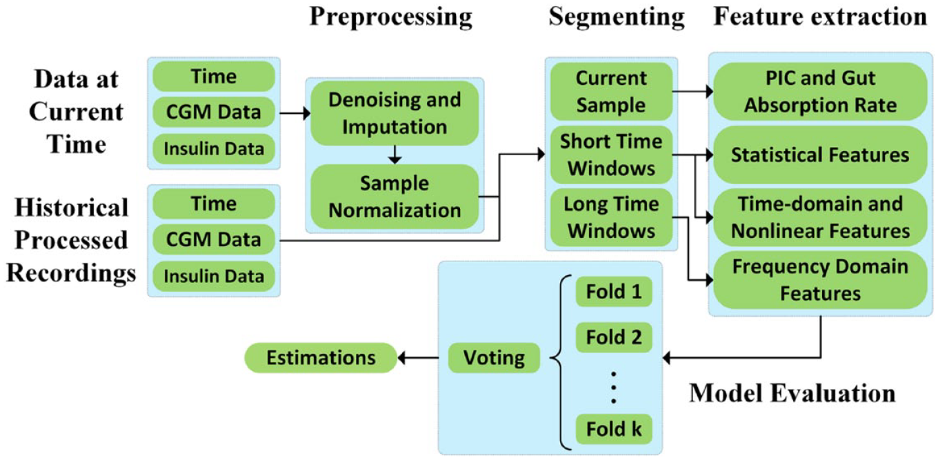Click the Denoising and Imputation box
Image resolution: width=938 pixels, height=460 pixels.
[x=395, y=113]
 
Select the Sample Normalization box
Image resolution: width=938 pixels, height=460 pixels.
[x=395, y=197]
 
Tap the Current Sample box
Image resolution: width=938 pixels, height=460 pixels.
[x=611, y=91]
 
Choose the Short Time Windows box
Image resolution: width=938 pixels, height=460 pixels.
[x=611, y=154]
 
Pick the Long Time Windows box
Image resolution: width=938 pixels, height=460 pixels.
[x=611, y=217]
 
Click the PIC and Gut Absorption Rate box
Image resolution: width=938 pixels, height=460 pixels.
[x=820, y=91]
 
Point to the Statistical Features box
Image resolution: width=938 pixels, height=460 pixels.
[x=820, y=154]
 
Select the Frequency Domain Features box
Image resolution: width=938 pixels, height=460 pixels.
[x=820, y=279]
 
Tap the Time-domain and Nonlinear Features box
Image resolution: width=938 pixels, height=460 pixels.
[x=820, y=217]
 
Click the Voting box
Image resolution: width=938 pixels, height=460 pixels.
[x=494, y=358]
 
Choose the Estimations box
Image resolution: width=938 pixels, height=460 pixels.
[x=321, y=358]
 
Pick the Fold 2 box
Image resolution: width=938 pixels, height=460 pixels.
[x=614, y=337]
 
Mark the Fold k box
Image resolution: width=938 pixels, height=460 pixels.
[x=614, y=429]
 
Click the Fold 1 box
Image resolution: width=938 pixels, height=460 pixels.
[x=614, y=291]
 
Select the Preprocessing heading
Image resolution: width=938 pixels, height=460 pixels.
[x=390, y=17]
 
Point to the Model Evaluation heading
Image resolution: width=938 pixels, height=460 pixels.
[x=792, y=394]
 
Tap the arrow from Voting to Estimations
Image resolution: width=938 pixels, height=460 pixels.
[x=419, y=358]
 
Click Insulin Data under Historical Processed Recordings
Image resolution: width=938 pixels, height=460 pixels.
[x=214, y=277]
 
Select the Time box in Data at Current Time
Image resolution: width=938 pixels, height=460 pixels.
[x=214, y=77]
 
